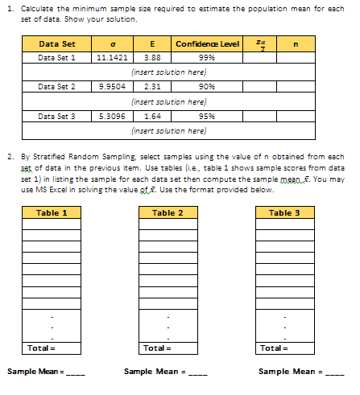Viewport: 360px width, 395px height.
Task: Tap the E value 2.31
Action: click(151, 85)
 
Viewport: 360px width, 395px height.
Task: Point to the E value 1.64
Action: click(151, 117)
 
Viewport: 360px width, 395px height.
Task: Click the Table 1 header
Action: click(52, 212)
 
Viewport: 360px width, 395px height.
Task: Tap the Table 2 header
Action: click(168, 212)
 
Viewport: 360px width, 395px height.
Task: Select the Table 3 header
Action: click(284, 212)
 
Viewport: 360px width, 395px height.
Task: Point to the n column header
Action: click(300, 43)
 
